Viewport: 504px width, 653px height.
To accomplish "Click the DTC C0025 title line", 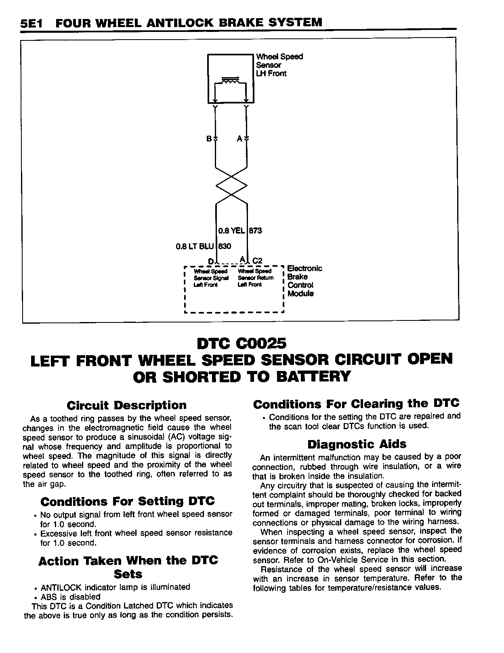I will (x=241, y=343).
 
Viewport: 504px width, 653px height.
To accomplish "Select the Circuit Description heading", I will (x=126, y=405).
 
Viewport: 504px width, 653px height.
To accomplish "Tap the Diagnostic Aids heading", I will (x=357, y=444).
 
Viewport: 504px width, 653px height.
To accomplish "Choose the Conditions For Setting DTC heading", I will (x=128, y=501).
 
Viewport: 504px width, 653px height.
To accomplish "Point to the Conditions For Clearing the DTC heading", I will (x=356, y=404).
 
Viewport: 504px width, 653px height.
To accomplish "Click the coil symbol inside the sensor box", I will (x=230, y=81).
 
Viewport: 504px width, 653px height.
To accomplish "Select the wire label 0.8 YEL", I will (x=231, y=231).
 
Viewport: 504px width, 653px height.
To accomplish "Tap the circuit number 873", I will (x=255, y=231).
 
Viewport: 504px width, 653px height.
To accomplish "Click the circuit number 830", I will (x=225, y=246).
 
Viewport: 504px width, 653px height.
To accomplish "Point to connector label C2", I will (x=257, y=261).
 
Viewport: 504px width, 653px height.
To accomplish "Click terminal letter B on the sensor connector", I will (x=209, y=139).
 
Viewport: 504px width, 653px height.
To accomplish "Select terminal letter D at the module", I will (x=210, y=261).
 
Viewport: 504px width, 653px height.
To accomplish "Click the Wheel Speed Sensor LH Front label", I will (x=279, y=65).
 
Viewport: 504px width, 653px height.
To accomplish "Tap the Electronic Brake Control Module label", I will (x=304, y=281).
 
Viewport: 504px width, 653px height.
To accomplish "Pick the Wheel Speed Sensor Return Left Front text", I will (x=256, y=278).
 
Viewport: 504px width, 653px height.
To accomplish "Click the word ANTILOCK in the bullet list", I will (x=61, y=587).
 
